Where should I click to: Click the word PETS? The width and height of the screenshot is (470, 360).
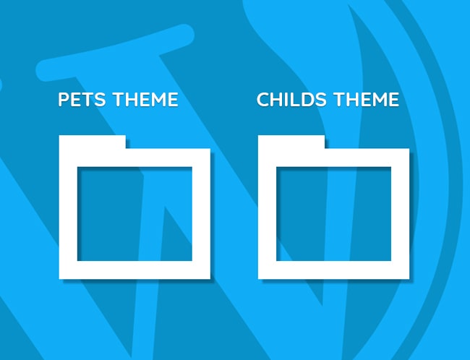pos(82,100)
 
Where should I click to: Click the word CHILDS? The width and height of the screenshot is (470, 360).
pos(291,100)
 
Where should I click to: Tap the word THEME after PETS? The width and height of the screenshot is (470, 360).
pos(145,100)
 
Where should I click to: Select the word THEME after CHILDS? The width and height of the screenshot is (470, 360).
pos(367,100)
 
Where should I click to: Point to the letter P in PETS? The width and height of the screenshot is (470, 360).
pos(63,100)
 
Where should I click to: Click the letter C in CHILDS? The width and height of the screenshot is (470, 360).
pos(263,100)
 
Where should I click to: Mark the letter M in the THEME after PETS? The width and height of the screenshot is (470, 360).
pos(158,100)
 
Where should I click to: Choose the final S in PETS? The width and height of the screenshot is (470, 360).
pos(100,100)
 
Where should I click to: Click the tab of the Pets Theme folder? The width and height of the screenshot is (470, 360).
pos(93,142)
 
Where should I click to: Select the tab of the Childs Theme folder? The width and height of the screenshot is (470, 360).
pos(291,142)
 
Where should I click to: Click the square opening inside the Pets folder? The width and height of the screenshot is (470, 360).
pos(134,214)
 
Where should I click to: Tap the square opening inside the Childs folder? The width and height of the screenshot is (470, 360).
pos(333,214)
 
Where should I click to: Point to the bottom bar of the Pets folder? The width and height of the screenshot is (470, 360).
pos(134,270)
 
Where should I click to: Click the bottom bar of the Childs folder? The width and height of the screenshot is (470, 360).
pos(333,270)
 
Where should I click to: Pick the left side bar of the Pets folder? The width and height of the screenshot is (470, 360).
pos(68,214)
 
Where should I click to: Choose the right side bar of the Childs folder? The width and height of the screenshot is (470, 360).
pos(400,214)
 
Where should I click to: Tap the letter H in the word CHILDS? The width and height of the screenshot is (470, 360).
pos(278,100)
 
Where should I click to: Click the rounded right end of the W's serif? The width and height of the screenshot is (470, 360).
pos(186,34)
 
